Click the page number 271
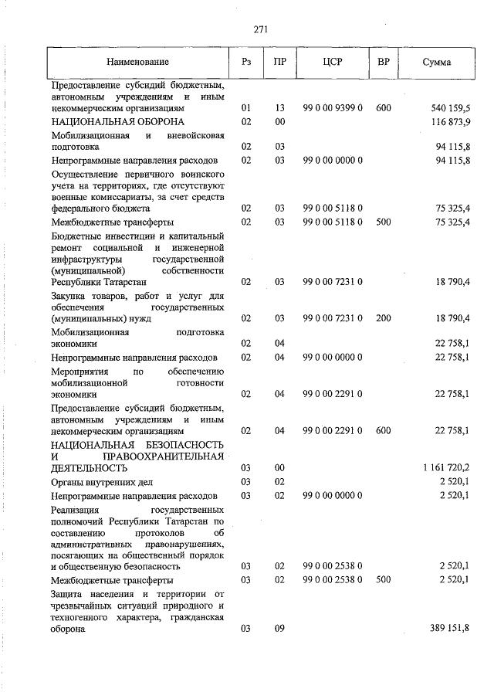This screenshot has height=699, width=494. pyautogui.click(x=260, y=29)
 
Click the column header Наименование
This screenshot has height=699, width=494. pyautogui.click(x=138, y=62)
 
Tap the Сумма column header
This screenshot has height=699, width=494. pyautogui.click(x=437, y=62)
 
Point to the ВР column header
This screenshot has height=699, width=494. pyautogui.click(x=383, y=62)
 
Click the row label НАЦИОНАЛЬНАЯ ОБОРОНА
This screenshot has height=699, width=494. pyautogui.click(x=117, y=123)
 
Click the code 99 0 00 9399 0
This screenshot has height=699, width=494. pyautogui.click(x=333, y=109)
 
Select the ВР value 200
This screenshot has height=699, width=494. pyautogui.click(x=383, y=317)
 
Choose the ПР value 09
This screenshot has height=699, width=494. pyautogui.click(x=279, y=629)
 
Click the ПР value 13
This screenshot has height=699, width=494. pyautogui.click(x=279, y=109)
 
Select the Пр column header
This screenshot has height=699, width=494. pyautogui.click(x=279, y=62)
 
